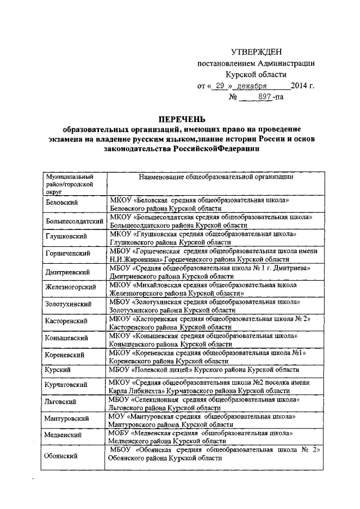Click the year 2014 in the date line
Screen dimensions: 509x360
point(300,85)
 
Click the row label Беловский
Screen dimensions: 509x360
point(62,201)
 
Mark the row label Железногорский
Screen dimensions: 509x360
point(69,288)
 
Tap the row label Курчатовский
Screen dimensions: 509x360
point(66,384)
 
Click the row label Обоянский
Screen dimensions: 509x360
point(61,456)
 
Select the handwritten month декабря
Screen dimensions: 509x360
point(251,85)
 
